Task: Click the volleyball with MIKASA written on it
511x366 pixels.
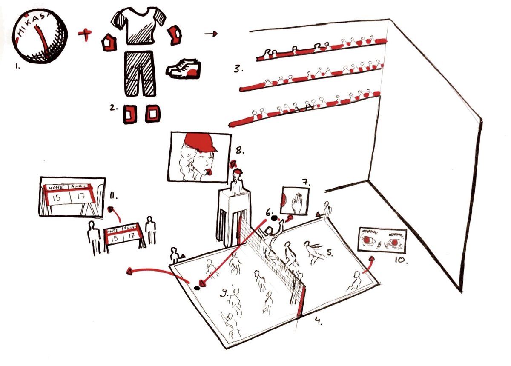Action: click(x=40, y=36)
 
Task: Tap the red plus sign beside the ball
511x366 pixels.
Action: click(x=85, y=34)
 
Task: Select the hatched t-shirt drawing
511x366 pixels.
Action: click(x=138, y=26)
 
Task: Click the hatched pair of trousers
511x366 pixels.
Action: click(x=140, y=74)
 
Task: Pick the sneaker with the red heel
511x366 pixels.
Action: click(x=184, y=69)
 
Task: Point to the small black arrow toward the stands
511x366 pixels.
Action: click(x=211, y=34)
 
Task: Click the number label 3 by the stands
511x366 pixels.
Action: click(x=238, y=69)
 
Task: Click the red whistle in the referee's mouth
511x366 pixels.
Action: click(x=209, y=172)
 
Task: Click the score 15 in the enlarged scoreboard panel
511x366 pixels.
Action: click(x=56, y=197)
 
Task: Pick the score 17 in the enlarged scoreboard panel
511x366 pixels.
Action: click(x=81, y=196)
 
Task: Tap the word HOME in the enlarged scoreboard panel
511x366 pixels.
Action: click(x=56, y=187)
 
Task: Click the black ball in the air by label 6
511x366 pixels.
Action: click(x=274, y=218)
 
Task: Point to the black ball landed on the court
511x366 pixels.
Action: click(x=197, y=288)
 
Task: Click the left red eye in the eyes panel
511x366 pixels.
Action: click(x=367, y=240)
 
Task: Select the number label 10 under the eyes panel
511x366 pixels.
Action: click(x=401, y=260)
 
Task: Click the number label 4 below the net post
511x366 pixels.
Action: click(x=318, y=320)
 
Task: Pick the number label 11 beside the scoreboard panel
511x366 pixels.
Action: click(x=114, y=196)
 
